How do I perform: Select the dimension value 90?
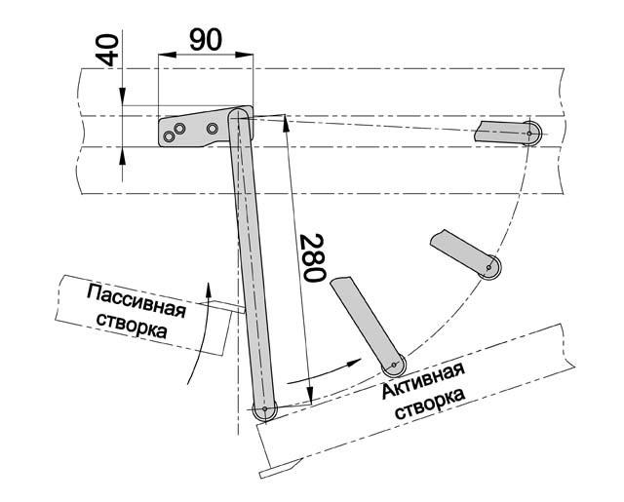coord(205,40)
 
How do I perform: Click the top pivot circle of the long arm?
coord(237,118)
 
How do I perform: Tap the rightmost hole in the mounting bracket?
coord(213,128)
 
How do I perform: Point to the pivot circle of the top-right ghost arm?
coord(530,132)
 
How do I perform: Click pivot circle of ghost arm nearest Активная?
coord(394,367)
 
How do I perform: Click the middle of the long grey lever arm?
coord(250,263)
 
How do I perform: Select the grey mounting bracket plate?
coord(195,129)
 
